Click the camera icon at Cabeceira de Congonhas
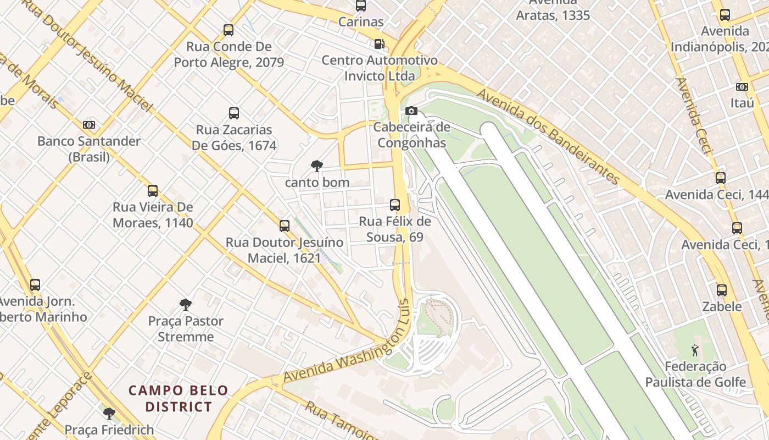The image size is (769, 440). tap(411, 111)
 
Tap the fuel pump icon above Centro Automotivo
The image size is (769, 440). tap(379, 44)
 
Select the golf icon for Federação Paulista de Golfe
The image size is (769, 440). tap(695, 350)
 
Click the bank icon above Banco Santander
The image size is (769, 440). tap(89, 125)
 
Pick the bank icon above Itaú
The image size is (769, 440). tap(742, 87)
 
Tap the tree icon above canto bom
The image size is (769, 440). tap(316, 166)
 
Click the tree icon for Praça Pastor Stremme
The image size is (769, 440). tap(186, 304)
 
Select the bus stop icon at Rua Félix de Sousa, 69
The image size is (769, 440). tap(394, 205)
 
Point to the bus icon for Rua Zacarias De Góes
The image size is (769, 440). tap(234, 113)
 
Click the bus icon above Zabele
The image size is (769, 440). tap(722, 290)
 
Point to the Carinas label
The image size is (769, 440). tap(360, 22)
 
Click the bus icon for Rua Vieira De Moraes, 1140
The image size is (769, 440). tap(153, 191)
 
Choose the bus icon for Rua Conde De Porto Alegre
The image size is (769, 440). tap(229, 30)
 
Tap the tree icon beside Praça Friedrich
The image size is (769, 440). tap(109, 413)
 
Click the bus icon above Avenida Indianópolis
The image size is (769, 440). tap(725, 15)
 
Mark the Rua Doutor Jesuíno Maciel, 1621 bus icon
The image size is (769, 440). tap(285, 226)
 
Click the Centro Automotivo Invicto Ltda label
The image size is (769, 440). tap(380, 68)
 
